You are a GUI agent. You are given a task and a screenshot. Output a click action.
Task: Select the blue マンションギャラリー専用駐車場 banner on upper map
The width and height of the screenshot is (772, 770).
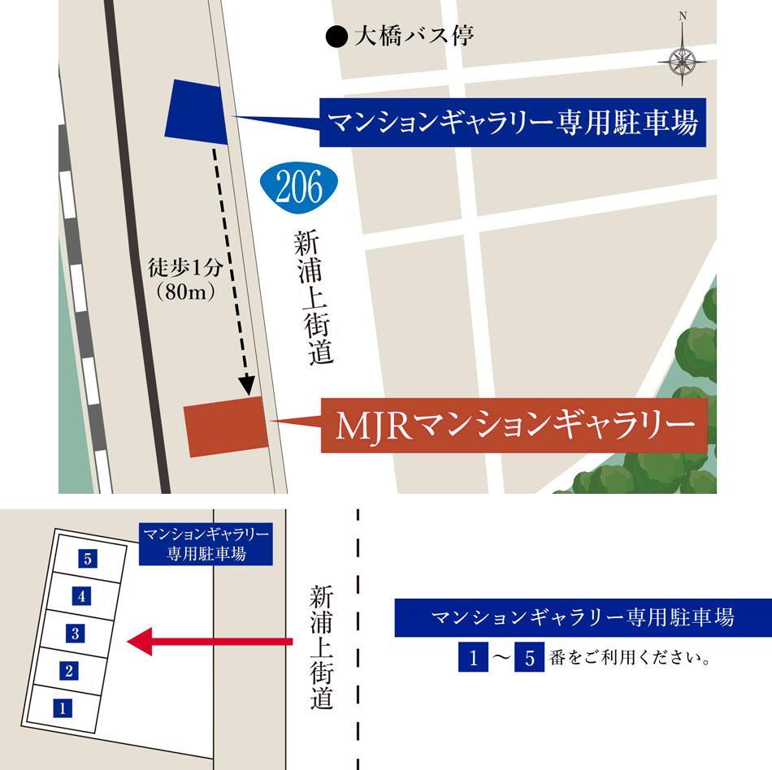[511, 124]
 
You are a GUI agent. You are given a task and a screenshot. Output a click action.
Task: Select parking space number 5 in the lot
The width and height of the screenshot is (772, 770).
[89, 558]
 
